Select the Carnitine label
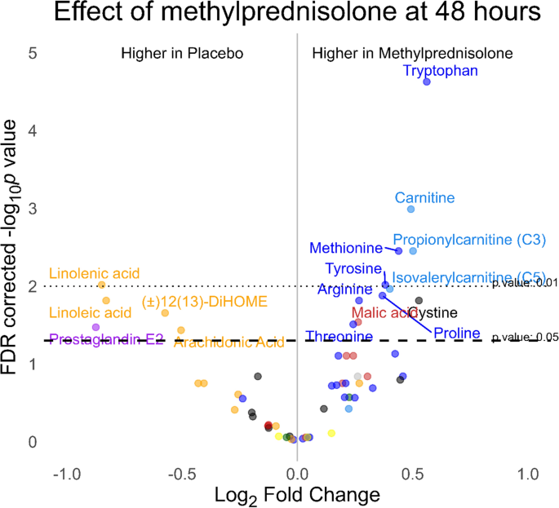[424, 197]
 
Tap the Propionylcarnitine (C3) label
[469, 240]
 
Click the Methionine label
[346, 248]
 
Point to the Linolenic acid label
[95, 273]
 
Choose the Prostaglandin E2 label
[106, 339]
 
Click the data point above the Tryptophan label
[426, 82]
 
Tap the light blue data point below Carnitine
[410, 210]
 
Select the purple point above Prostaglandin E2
[95, 327]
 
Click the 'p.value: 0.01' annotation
[525, 282]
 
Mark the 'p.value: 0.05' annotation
[525, 336]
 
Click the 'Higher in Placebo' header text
[183, 53]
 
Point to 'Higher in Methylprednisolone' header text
[412, 53]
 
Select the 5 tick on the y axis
[32, 53]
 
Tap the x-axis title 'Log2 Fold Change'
[297, 494]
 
